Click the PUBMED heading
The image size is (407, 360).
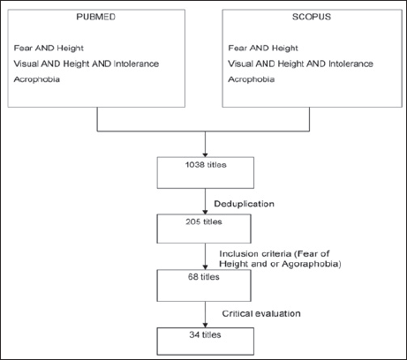click(x=96, y=17)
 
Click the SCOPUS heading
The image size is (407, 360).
click(x=312, y=17)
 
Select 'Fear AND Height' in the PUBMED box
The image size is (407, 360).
click(x=49, y=49)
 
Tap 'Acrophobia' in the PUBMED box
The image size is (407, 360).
click(x=37, y=79)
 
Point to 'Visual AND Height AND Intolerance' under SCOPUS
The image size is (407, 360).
click(x=301, y=64)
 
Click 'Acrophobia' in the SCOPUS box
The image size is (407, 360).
click(x=252, y=79)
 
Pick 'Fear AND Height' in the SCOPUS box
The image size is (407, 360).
click(x=263, y=49)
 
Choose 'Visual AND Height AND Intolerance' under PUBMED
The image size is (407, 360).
click(x=87, y=64)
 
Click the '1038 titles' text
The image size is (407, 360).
click(x=206, y=165)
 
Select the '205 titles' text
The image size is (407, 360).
click(x=204, y=221)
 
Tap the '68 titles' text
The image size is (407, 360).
click(x=204, y=277)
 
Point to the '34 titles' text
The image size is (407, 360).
click(x=205, y=334)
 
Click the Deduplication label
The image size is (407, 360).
click(x=244, y=204)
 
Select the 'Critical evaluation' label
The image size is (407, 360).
click(x=261, y=313)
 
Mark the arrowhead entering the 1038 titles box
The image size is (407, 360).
click(x=205, y=155)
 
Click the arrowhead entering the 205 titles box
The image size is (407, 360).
click(x=205, y=212)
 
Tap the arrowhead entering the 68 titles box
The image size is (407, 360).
click(x=205, y=267)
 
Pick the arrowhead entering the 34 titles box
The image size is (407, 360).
click(x=205, y=325)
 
